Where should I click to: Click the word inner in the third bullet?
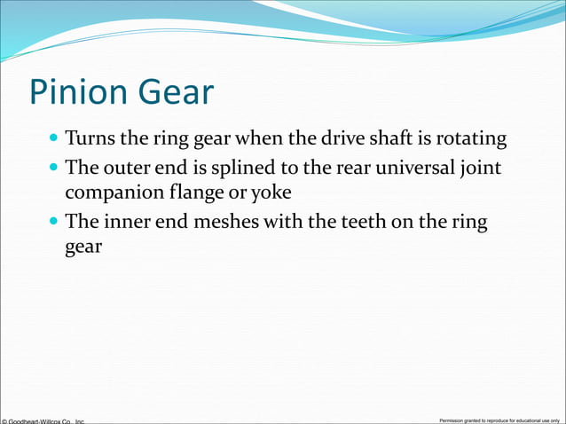point(123,222)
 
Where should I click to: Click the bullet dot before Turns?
point(54,139)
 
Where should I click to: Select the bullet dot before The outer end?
point(54,167)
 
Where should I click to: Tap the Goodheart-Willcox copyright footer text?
point(43,420)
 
